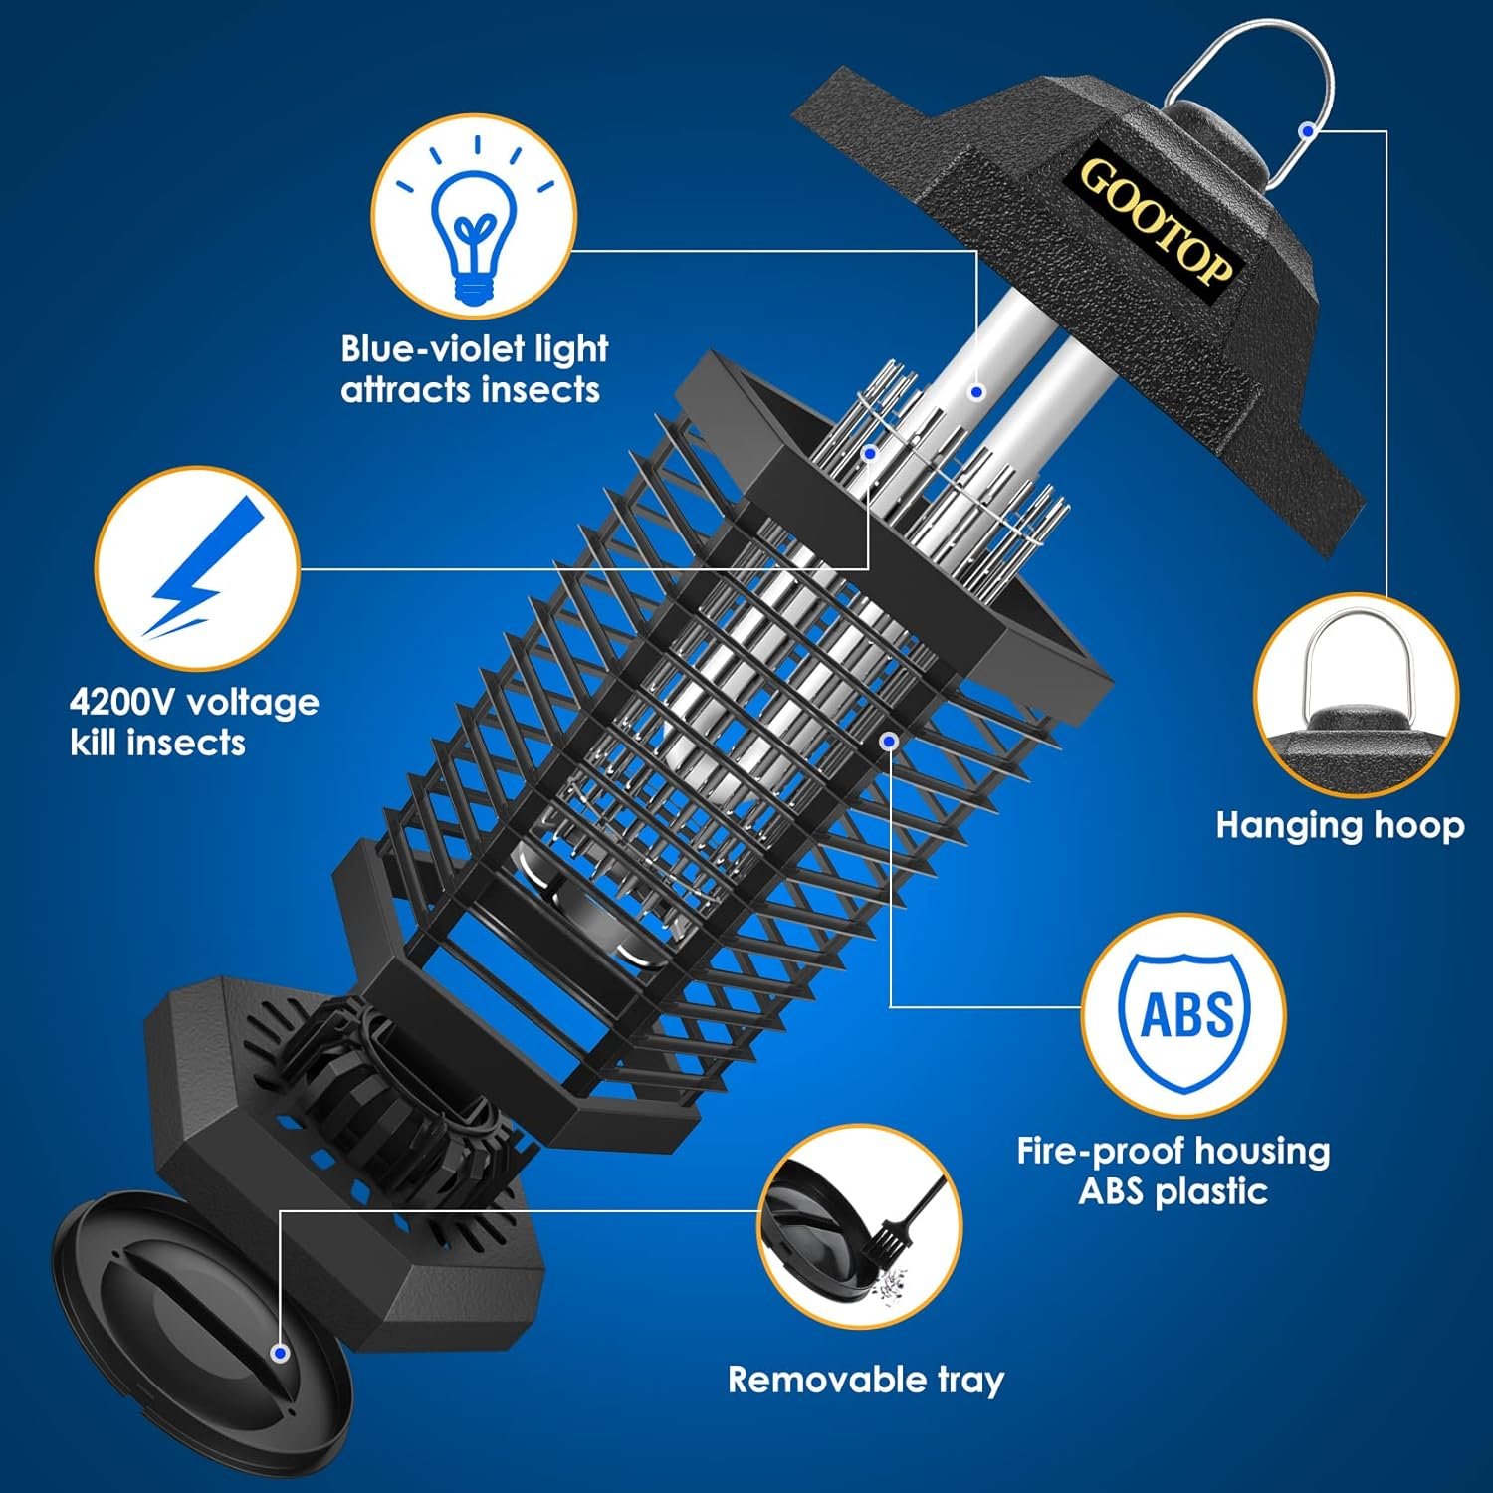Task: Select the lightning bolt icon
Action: [x=198, y=569]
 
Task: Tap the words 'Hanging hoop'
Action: [x=1340, y=825]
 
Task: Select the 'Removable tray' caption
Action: [x=866, y=1380]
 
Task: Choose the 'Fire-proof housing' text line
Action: [x=1173, y=1151]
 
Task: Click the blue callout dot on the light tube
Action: [x=976, y=392]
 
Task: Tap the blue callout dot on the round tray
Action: [x=280, y=1353]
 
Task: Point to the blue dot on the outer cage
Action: [x=890, y=741]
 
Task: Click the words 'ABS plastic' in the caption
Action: [x=1173, y=1191]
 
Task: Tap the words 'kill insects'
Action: [x=157, y=743]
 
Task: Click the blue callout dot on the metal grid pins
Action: [x=869, y=453]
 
